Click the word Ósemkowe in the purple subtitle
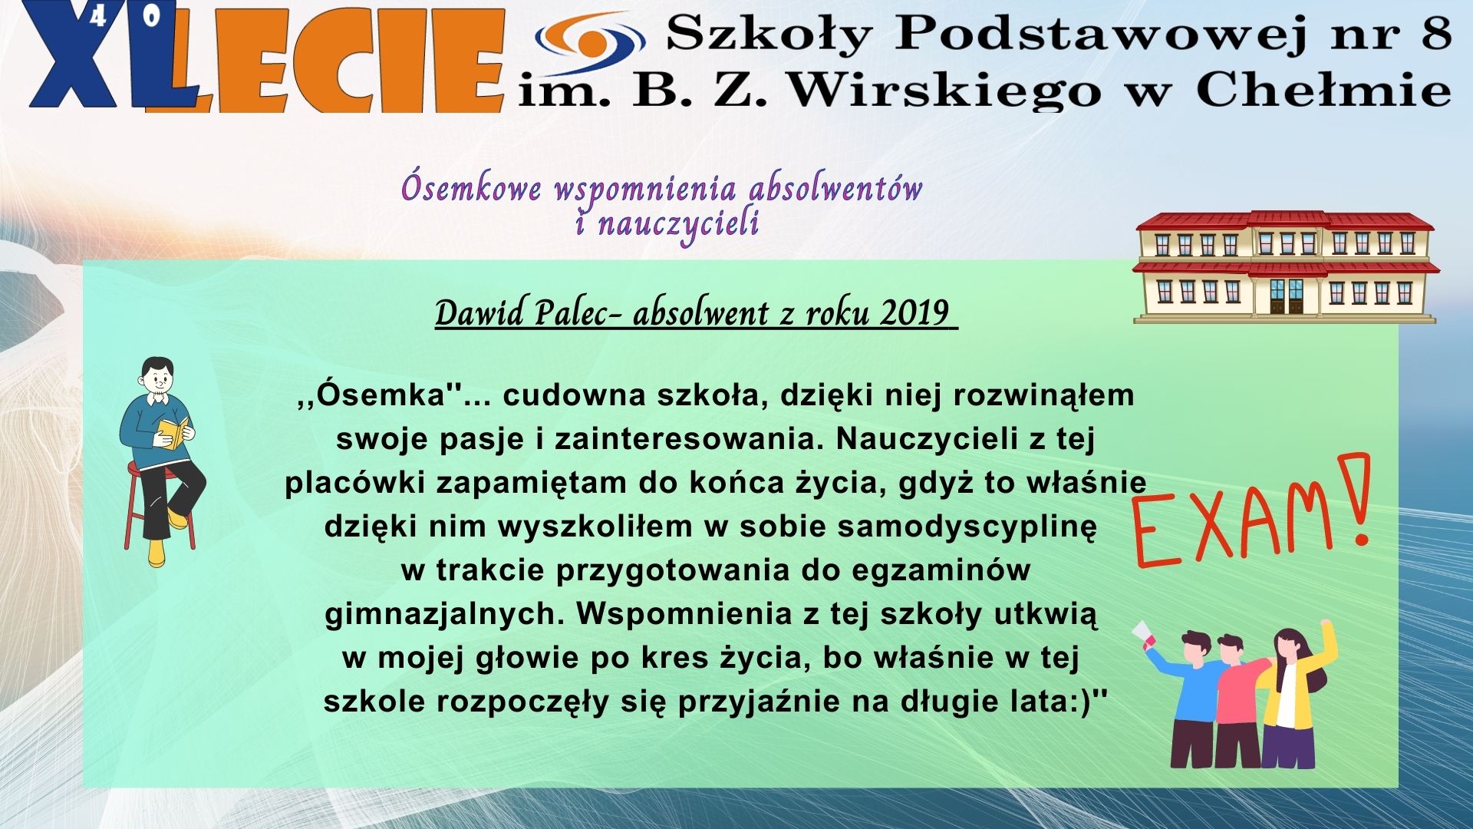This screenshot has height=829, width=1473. [471, 188]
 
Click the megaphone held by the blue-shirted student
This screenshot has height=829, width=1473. [1144, 634]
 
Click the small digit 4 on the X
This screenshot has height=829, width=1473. [98, 18]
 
